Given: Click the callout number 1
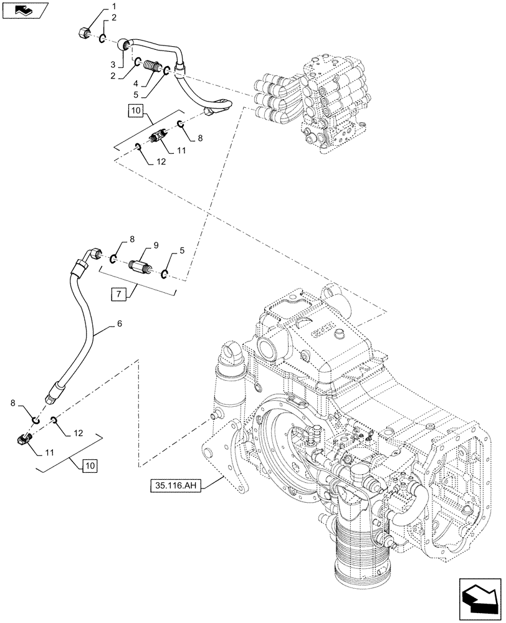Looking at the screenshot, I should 114,6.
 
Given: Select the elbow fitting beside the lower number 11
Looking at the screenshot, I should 22,440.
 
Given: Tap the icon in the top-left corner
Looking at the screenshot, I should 23,10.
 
